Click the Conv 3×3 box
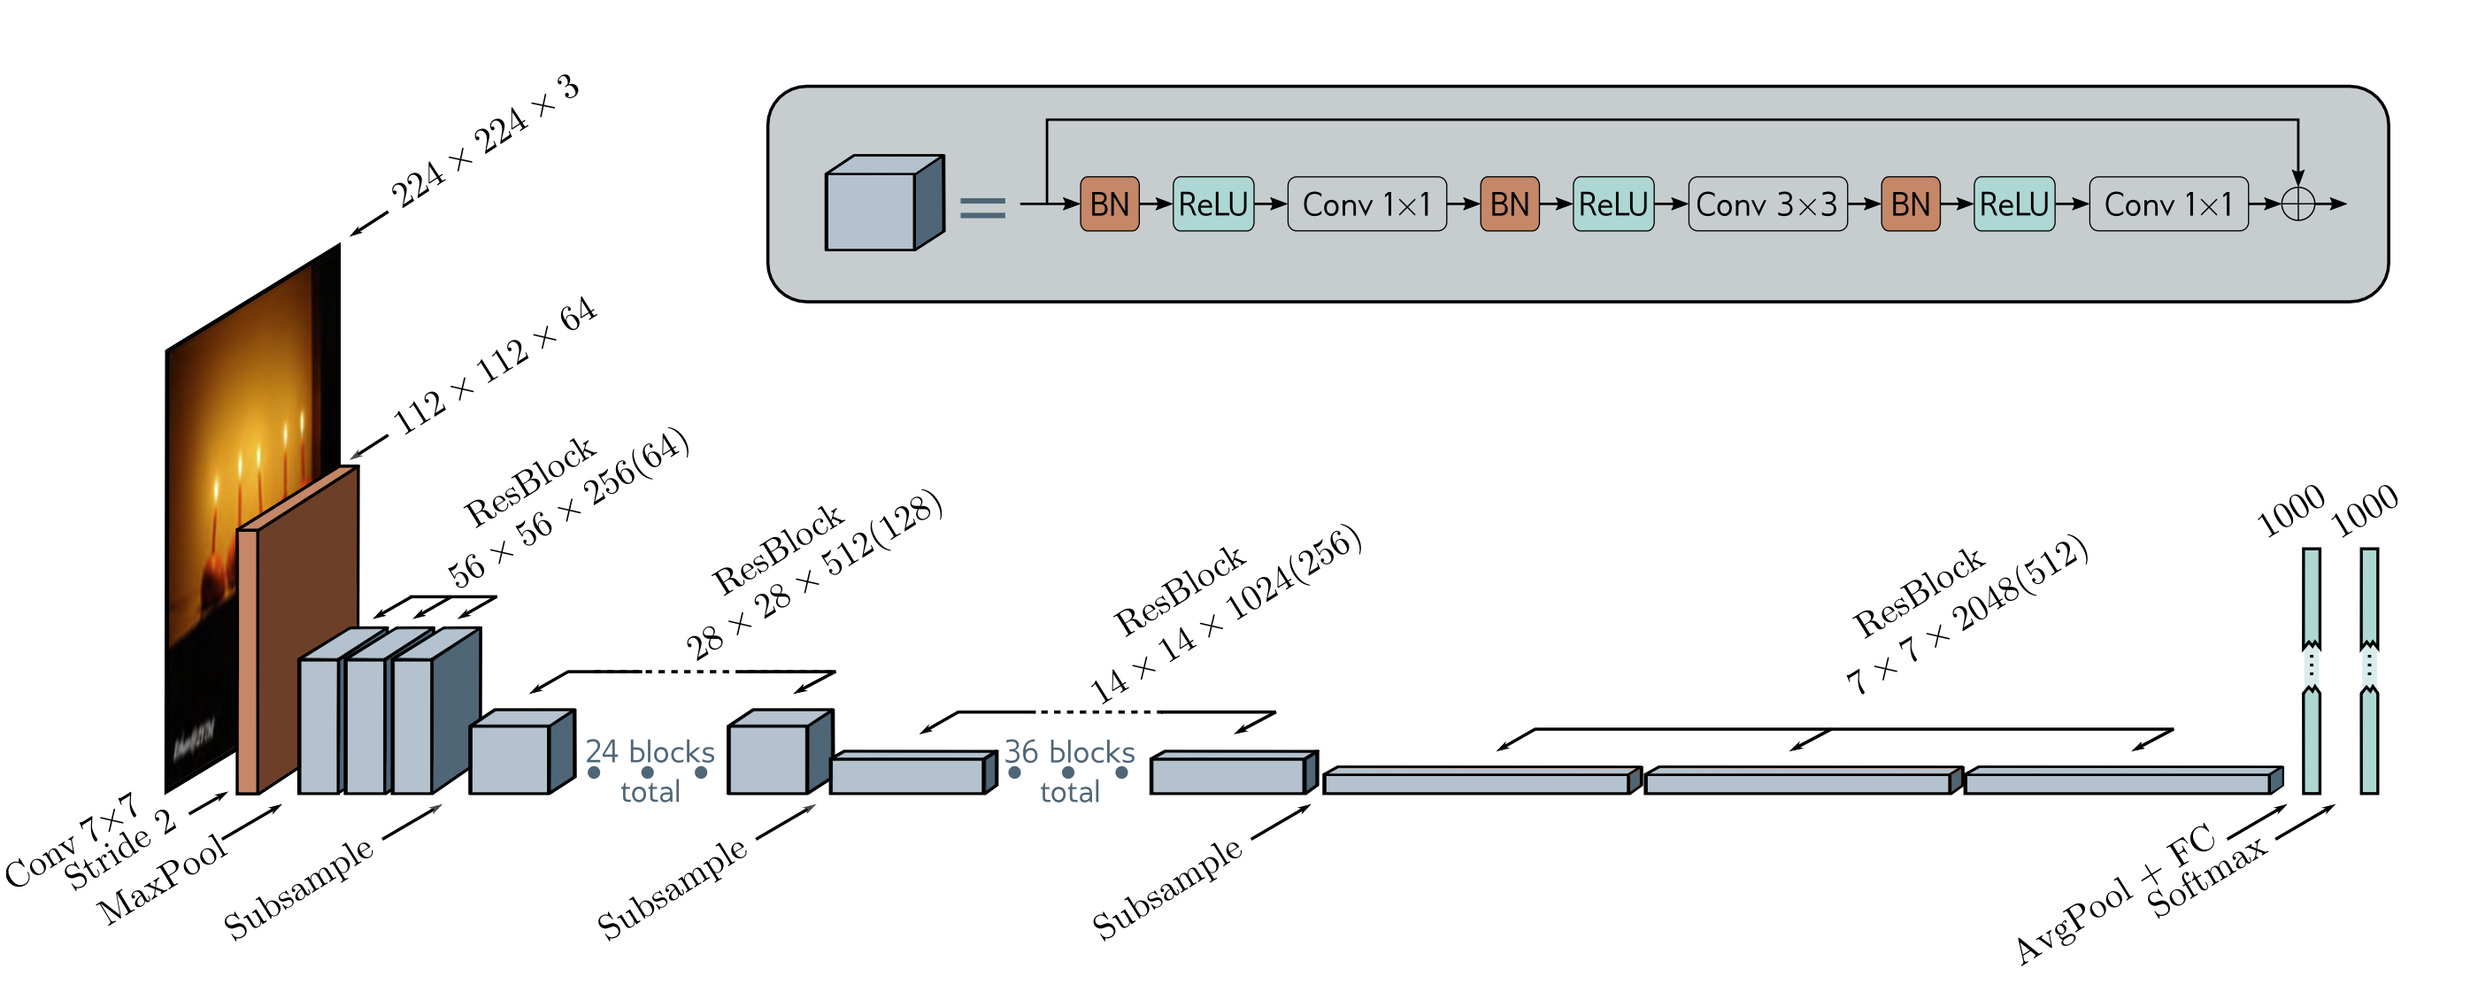[x=1766, y=204]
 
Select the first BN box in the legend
[x=1109, y=204]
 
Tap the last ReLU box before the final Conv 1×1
[x=2013, y=204]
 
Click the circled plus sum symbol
[x=2297, y=204]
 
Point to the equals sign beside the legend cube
[x=982, y=208]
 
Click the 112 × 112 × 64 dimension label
[x=496, y=366]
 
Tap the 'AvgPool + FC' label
[x=2116, y=895]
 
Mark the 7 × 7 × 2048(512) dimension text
[x=1967, y=616]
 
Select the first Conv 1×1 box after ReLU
[x=1366, y=204]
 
